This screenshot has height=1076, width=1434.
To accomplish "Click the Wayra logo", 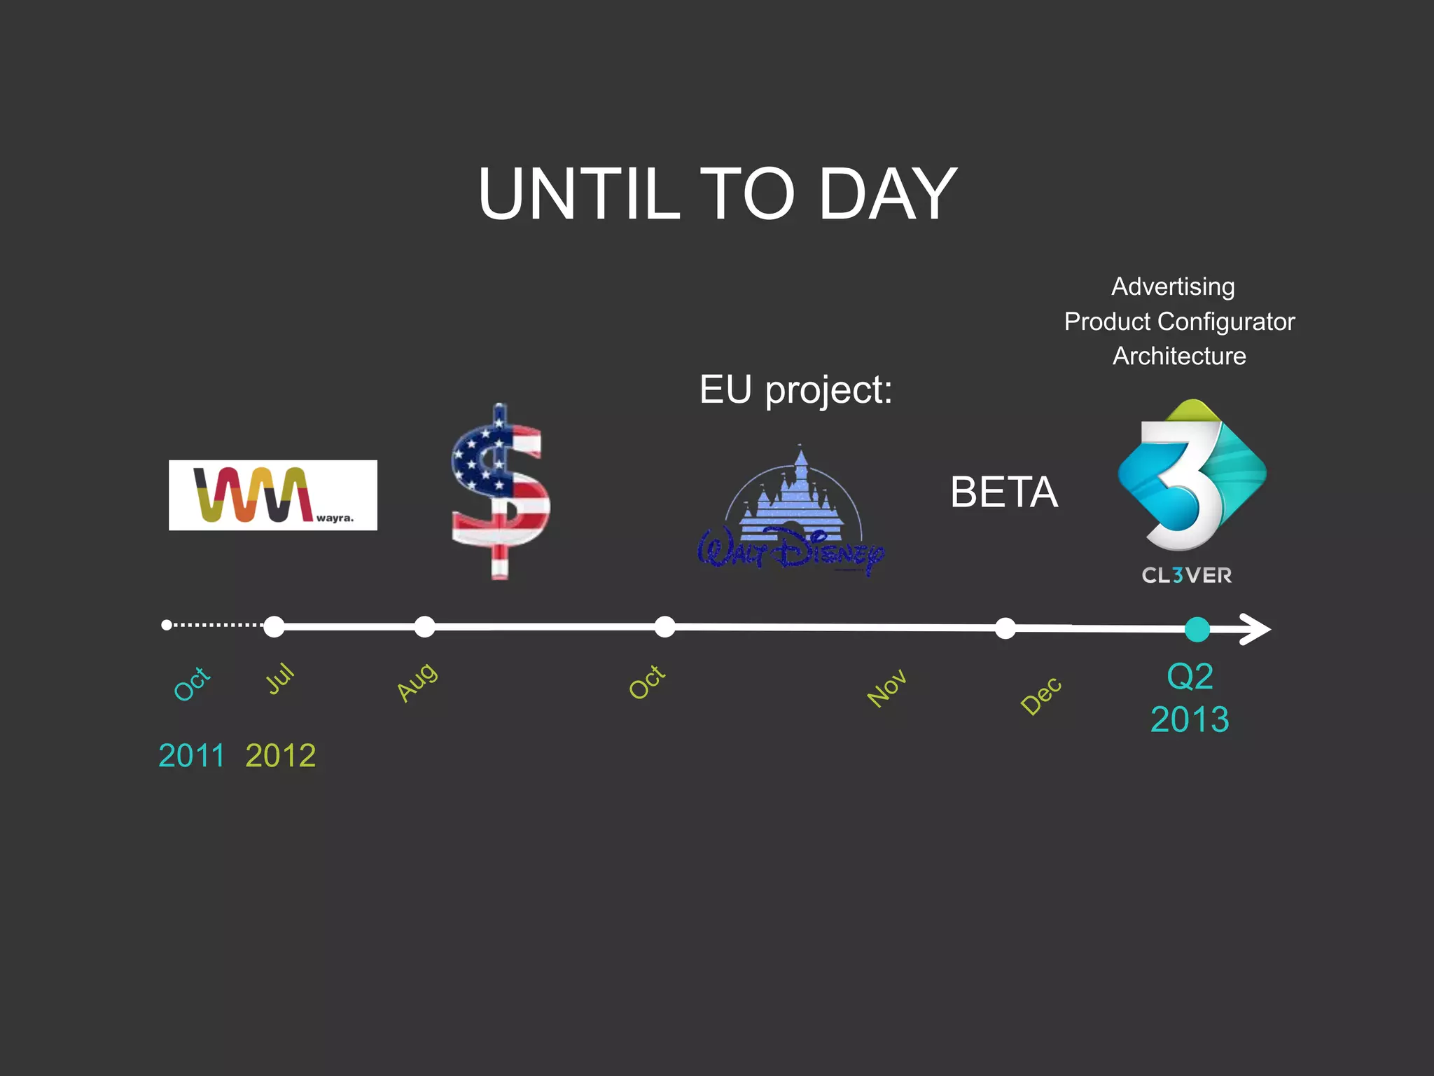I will [x=272, y=495].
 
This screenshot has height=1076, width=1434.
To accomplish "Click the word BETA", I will [x=1003, y=492].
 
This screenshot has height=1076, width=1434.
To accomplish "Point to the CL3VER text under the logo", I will [x=1186, y=576].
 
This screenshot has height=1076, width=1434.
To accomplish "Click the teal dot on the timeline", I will [x=1197, y=629].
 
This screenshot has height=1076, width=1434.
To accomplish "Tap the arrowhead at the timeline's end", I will [x=1256, y=628].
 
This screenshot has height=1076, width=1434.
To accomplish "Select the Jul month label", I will [x=280, y=678].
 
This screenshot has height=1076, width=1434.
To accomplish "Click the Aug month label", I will [x=417, y=681].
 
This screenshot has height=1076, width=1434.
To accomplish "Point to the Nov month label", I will [x=886, y=688].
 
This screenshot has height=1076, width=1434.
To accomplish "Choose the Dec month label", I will [x=1040, y=695].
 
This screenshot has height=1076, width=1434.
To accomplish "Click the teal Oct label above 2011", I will [x=191, y=683].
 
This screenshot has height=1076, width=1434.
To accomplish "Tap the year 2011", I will [x=191, y=755].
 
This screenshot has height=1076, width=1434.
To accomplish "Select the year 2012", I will [x=281, y=755].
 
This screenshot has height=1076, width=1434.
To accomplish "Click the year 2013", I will [x=1190, y=719].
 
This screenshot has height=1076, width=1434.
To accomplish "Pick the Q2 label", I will [x=1190, y=677].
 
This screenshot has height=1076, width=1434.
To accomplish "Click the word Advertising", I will [x=1173, y=287].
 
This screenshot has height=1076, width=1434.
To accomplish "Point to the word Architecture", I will [x=1179, y=356].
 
